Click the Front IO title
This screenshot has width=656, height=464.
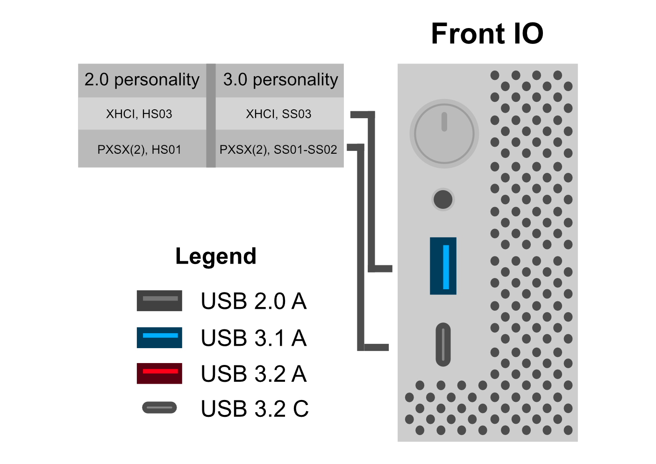pyautogui.click(x=487, y=34)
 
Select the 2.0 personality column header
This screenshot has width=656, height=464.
pyautogui.click(x=142, y=80)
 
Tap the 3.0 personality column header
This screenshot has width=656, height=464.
pyautogui.click(x=280, y=80)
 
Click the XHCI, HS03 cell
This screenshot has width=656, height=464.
pyautogui.click(x=139, y=114)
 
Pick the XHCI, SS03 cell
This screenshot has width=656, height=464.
pyautogui.click(x=278, y=114)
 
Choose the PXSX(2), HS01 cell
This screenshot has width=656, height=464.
pyautogui.click(x=139, y=150)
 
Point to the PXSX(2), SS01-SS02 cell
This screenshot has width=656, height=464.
pyautogui.click(x=278, y=150)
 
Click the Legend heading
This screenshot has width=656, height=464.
pyautogui.click(x=216, y=256)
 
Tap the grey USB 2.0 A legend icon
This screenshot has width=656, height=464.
pyautogui.click(x=159, y=300)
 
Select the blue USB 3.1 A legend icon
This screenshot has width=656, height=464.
pyautogui.click(x=159, y=337)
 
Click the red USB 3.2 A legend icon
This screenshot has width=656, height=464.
pyautogui.click(x=159, y=373)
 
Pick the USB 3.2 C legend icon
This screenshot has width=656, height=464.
pyautogui.click(x=159, y=408)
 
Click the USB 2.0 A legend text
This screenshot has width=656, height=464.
pyautogui.click(x=254, y=301)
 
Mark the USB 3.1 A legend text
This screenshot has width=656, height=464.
pyautogui.click(x=254, y=338)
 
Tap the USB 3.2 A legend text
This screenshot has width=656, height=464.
pyautogui.click(x=254, y=374)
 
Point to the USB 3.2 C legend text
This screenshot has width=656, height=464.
pyautogui.click(x=255, y=409)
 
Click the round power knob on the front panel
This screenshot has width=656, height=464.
pyautogui.click(x=444, y=134)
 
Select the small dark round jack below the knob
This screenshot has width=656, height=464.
pyautogui.click(x=443, y=200)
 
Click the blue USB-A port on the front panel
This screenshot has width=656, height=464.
pyautogui.click(x=443, y=266)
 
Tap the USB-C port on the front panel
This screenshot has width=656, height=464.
pyautogui.click(x=443, y=344)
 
